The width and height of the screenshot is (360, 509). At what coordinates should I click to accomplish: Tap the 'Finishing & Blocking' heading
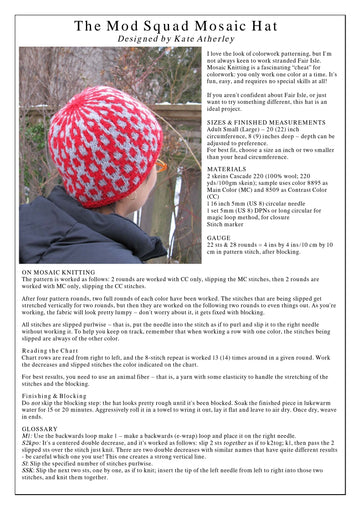click(x=56, y=396)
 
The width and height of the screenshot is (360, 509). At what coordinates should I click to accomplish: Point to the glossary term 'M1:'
click(x=27, y=436)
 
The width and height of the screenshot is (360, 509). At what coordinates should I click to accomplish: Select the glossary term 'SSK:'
click(x=28, y=469)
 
